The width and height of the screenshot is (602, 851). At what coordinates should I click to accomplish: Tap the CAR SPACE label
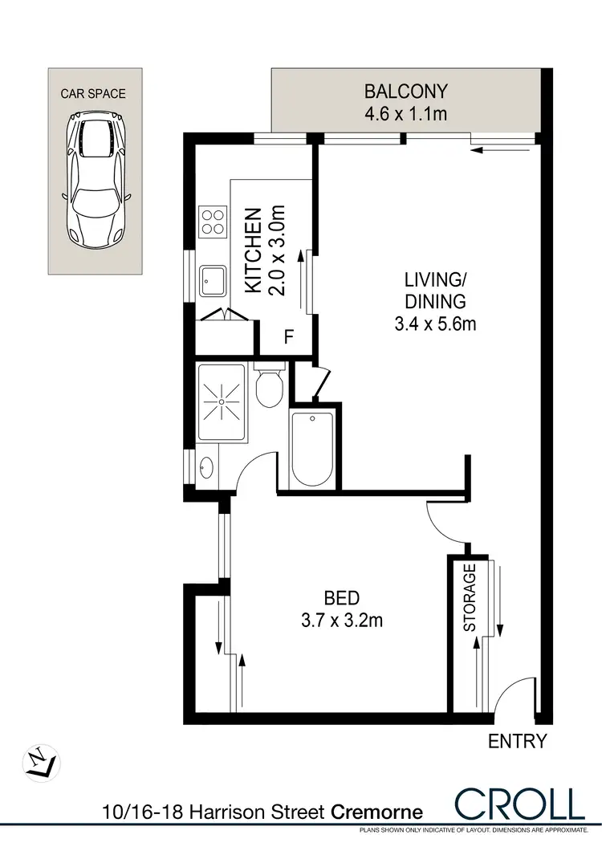coord(94,94)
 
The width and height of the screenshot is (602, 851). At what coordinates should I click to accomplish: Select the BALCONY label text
coord(405,90)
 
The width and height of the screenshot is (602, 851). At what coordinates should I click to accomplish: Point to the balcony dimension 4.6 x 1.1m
coord(405,113)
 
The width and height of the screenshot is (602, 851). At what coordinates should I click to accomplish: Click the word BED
coord(341,597)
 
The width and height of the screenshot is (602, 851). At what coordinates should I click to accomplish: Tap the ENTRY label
coord(518,742)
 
